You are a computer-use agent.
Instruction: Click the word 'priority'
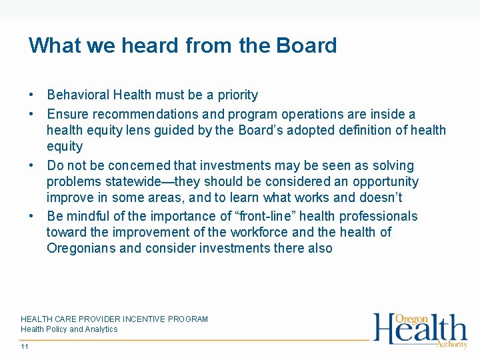234,95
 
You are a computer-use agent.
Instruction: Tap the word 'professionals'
378,216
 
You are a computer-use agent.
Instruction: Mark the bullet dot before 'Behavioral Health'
32,95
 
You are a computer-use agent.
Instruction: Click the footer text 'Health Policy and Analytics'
69,329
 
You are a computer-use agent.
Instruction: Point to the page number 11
25,347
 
